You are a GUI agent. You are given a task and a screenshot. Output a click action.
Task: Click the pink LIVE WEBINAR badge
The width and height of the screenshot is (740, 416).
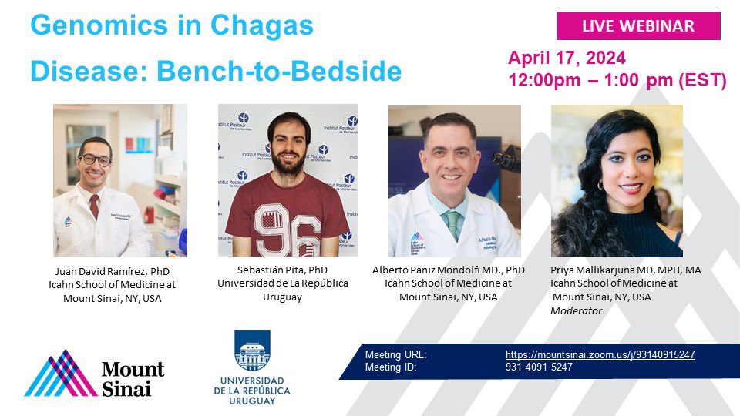[x=638, y=26]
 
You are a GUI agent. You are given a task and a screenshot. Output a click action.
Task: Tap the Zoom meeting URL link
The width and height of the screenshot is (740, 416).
[x=600, y=354]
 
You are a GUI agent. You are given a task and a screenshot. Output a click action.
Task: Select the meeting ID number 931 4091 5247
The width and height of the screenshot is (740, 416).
[x=539, y=367]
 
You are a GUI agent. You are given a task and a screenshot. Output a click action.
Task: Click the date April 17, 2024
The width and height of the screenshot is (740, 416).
[x=567, y=58]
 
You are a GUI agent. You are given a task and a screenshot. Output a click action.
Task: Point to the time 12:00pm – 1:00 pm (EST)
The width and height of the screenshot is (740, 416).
[x=617, y=80]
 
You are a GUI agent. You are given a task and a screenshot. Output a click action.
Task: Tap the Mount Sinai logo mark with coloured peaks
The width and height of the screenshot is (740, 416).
[x=61, y=374]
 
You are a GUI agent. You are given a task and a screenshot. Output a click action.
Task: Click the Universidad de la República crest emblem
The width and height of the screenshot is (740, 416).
[x=252, y=351]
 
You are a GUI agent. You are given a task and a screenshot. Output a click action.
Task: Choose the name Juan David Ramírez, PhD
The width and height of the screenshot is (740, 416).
[x=113, y=272]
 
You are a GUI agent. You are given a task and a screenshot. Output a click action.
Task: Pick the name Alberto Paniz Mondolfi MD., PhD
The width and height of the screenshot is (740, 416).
[x=448, y=270]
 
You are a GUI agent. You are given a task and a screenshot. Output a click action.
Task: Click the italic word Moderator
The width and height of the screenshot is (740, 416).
[x=577, y=310]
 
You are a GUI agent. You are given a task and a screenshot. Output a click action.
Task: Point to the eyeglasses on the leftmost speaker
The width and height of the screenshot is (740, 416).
[x=95, y=160]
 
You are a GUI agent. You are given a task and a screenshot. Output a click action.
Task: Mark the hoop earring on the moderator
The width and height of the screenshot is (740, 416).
[x=600, y=185]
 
